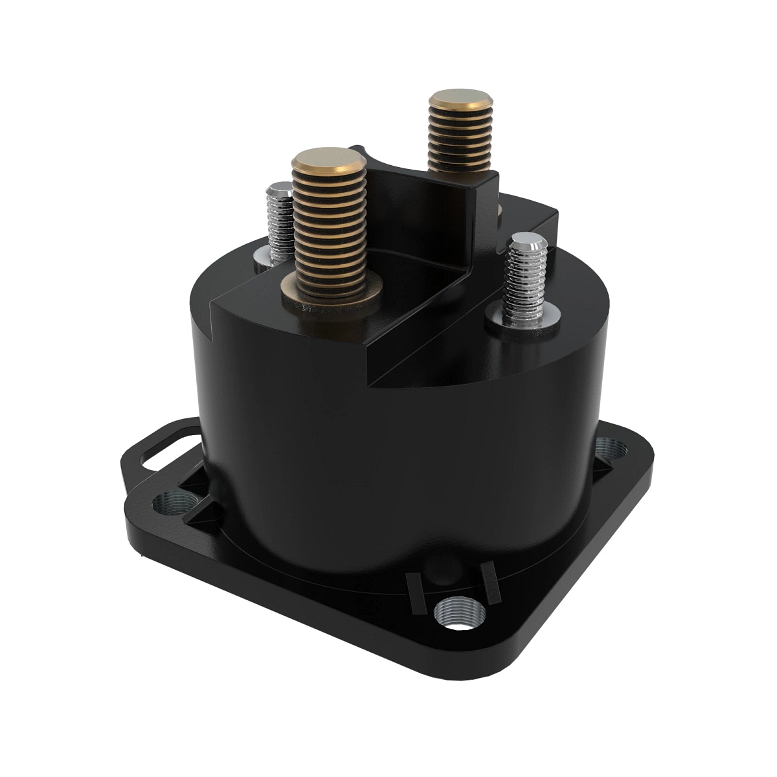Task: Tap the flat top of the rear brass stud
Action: (460, 103)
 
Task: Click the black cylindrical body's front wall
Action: (388, 466)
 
